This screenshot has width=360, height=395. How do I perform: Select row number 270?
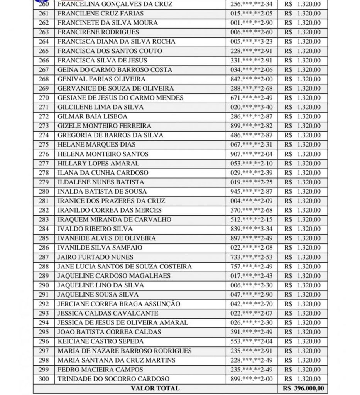(44, 98)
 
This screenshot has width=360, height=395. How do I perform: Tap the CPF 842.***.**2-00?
(251, 79)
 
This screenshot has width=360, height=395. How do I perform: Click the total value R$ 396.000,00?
(303, 388)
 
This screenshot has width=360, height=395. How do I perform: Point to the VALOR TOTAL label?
(155, 388)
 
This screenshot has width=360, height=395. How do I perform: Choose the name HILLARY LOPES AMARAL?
(98, 163)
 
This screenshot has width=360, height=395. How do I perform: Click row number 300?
(44, 379)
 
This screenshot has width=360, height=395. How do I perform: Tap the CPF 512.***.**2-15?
(251, 219)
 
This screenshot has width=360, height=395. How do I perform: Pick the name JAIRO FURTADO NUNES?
(95, 257)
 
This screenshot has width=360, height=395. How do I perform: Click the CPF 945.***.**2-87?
(251, 191)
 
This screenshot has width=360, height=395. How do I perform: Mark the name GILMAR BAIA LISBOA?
(92, 116)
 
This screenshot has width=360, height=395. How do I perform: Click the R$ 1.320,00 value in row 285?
(302, 238)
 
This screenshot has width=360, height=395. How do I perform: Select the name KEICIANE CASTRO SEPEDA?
(100, 341)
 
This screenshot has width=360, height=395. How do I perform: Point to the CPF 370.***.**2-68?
(251, 210)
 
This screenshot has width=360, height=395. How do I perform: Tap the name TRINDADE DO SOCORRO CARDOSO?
(113, 379)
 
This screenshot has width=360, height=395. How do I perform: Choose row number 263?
(44, 32)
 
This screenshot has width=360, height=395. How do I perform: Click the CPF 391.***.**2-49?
(251, 332)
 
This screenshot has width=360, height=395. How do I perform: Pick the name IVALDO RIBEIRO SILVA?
(95, 229)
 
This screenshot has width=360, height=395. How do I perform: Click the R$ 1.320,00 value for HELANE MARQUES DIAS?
(302, 145)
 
